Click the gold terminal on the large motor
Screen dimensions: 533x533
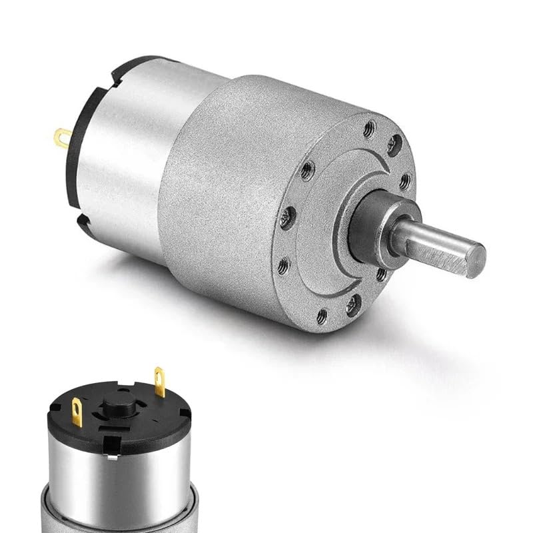(x=62, y=138)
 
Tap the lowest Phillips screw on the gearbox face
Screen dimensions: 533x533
(x=351, y=304)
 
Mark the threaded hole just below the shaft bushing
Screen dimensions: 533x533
(x=381, y=273)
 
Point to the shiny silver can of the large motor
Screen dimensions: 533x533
(x=127, y=167)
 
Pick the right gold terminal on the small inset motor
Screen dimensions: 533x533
(x=160, y=381)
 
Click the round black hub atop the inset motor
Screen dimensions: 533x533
(x=113, y=405)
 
